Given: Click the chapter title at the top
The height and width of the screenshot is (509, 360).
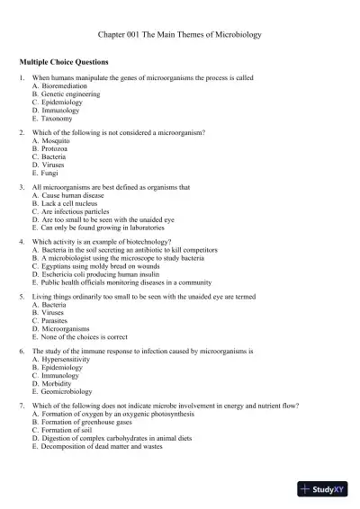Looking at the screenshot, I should [179, 33].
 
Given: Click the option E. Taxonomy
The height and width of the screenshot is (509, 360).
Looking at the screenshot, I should [56, 118].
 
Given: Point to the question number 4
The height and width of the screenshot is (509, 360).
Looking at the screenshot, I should [21, 243].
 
